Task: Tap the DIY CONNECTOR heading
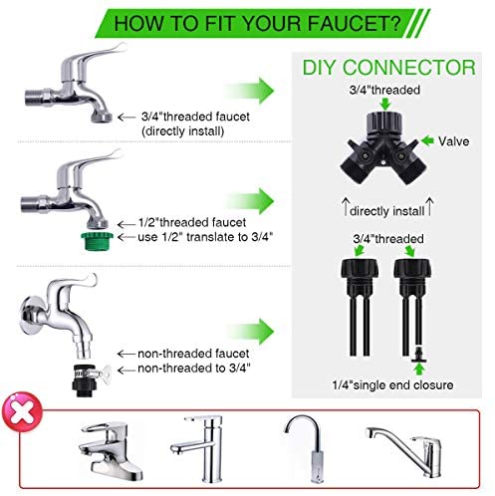tap(389, 68)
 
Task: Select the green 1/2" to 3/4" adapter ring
tap(97, 241)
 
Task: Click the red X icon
tap(22, 412)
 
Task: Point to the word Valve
tap(453, 141)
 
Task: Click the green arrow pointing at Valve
tap(427, 140)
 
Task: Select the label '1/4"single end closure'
tap(392, 385)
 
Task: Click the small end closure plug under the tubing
tap(419, 355)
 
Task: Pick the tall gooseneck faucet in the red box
tap(307, 448)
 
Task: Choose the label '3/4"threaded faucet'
tap(195, 117)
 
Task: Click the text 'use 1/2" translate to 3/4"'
tap(205, 237)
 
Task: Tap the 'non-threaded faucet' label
tap(193, 354)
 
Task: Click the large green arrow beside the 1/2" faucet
tap(251, 201)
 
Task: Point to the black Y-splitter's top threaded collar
tap(384, 122)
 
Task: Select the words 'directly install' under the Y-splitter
tap(387, 211)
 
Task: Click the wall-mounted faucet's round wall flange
tap(29, 315)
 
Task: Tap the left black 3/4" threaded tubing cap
tap(360, 269)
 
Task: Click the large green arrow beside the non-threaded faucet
tap(251, 332)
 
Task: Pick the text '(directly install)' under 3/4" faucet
tap(183, 131)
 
